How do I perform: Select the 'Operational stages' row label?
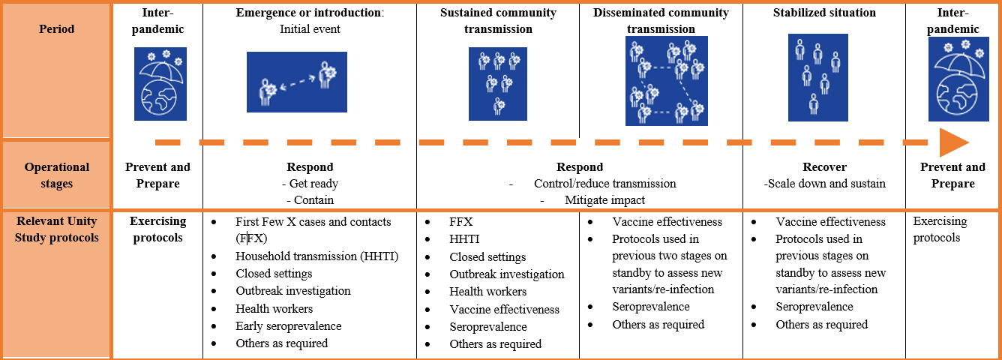click(56, 175)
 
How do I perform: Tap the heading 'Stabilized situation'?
click(824, 13)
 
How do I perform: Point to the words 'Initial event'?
click(310, 29)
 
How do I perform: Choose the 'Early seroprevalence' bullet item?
click(288, 325)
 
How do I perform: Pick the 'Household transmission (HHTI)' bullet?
click(316, 256)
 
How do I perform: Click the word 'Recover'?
click(824, 166)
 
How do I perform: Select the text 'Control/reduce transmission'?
click(604, 183)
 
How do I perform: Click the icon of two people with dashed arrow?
click(297, 82)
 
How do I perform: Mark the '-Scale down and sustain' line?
click(823, 183)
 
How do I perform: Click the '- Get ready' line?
click(310, 183)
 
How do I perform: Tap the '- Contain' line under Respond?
click(310, 199)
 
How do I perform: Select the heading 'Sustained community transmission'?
click(498, 21)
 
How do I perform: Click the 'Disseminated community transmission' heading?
click(661, 21)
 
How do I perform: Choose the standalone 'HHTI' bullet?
click(465, 239)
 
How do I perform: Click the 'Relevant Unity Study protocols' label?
click(56, 229)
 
